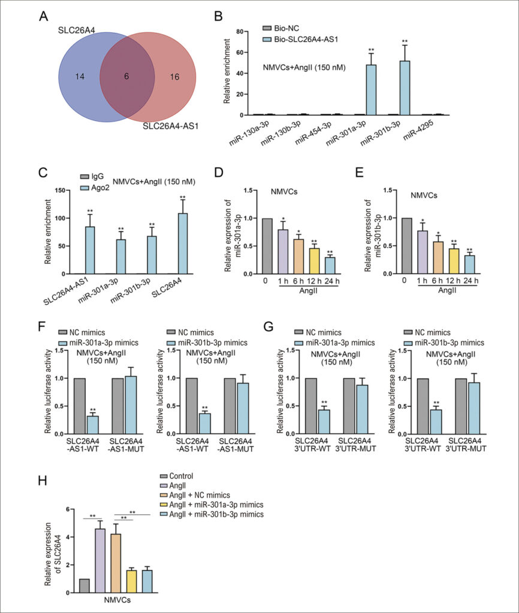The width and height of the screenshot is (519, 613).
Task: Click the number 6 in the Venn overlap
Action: click(126, 76)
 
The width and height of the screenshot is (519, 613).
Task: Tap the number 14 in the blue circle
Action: click(80, 77)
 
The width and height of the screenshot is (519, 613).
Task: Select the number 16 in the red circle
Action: click(174, 77)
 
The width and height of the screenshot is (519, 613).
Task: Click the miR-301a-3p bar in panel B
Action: click(371, 90)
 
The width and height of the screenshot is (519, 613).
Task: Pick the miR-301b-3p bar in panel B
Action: click(405, 88)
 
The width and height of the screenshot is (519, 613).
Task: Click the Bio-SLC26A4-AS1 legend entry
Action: click(300, 39)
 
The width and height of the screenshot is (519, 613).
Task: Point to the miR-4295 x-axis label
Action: click(418, 130)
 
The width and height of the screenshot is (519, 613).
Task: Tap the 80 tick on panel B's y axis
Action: click(240, 31)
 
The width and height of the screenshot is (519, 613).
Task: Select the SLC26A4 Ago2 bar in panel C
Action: click(183, 244)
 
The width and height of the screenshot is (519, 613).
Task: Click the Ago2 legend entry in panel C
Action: click(95, 188)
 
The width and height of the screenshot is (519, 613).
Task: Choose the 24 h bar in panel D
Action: click(330, 265)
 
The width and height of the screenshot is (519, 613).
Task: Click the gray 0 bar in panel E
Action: click(407, 246)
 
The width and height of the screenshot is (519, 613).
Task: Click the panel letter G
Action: click(268, 326)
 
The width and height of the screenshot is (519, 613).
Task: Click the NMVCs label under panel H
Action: click(117, 600)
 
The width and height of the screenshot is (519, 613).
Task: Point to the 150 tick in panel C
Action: click(60, 190)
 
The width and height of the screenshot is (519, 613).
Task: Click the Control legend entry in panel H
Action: click(177, 476)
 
